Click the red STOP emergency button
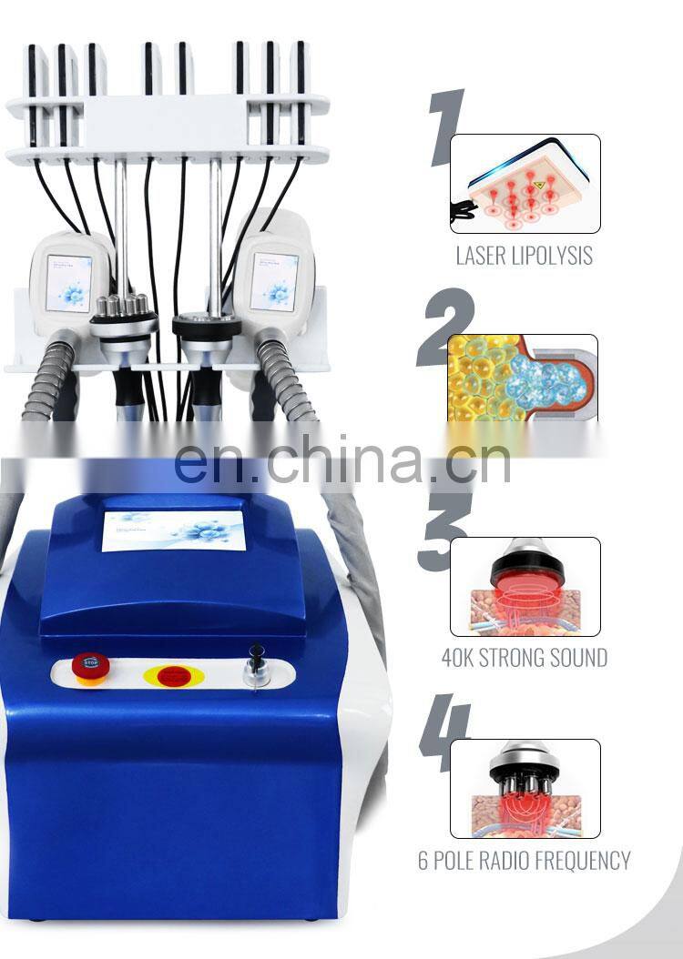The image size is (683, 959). click(88, 663)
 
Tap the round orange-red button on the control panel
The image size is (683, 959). click(168, 676)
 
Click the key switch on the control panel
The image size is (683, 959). click(257, 664)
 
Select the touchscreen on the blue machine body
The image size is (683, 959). click(173, 530)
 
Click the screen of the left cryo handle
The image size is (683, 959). click(69, 282)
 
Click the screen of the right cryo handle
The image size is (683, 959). click(274, 282)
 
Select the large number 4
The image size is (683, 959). click(443, 732)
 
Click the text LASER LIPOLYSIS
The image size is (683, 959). click(524, 256)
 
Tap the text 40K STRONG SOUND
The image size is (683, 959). click(525, 657)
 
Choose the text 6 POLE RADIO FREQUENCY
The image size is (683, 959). click(524, 860)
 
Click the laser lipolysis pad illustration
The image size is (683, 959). click(525, 184)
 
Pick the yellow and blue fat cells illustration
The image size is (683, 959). click(523, 378)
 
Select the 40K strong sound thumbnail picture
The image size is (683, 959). click(525, 587)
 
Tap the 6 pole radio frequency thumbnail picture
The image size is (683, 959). click(525, 788)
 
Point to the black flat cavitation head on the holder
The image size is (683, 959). click(207, 325)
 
